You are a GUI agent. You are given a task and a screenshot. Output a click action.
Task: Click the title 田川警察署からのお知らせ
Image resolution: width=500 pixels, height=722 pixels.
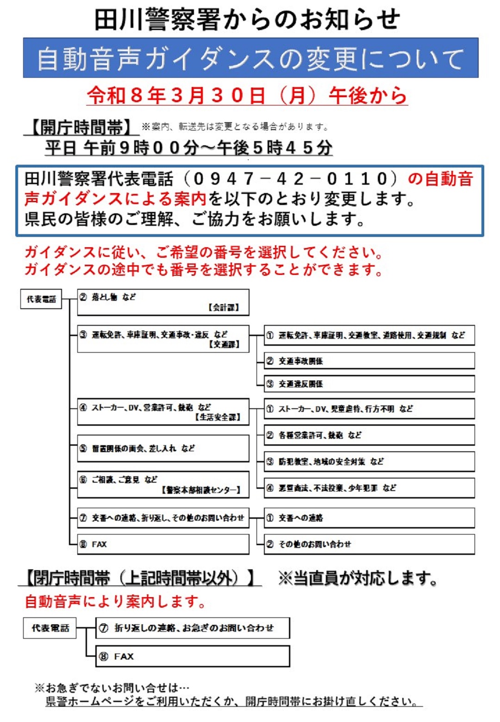click(x=248, y=19)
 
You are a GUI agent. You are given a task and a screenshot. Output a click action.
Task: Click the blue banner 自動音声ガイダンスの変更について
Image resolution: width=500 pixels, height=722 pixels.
click(x=250, y=58)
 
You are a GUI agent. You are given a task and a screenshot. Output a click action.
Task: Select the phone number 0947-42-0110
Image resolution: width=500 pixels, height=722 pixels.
click(x=291, y=179)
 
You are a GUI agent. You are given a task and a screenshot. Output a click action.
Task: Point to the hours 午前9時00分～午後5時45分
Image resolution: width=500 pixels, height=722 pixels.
click(x=189, y=148)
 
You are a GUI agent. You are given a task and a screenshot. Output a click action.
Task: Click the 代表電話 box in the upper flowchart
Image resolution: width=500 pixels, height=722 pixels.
click(x=41, y=299)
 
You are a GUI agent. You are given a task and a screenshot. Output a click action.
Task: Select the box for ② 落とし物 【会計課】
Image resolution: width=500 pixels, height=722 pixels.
click(x=163, y=302)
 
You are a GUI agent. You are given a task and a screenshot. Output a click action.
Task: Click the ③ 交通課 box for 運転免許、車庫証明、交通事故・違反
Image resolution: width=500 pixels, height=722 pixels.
click(x=163, y=339)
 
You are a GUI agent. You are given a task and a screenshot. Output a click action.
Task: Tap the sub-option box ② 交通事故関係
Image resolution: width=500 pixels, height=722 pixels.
click(x=369, y=361)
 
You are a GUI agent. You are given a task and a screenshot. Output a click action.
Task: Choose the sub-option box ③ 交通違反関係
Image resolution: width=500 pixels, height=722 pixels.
click(x=369, y=384)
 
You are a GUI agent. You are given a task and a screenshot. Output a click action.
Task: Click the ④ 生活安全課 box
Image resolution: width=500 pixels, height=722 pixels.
click(x=163, y=412)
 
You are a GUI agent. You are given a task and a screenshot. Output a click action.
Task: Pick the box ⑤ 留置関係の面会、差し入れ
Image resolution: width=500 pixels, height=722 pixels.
click(x=163, y=448)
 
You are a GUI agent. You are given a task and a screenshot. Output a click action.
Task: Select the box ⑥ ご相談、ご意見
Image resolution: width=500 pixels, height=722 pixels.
click(x=163, y=484)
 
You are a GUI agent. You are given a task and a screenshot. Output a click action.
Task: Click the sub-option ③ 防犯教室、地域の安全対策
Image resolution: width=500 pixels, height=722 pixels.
click(x=369, y=461)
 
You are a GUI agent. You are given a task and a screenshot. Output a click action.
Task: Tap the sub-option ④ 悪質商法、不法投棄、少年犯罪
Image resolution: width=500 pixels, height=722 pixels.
click(x=369, y=488)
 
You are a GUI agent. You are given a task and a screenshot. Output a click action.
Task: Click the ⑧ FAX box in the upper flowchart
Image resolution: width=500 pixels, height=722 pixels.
click(x=163, y=544)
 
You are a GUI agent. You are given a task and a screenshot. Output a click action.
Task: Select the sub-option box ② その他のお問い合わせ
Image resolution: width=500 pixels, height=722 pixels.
click(x=369, y=544)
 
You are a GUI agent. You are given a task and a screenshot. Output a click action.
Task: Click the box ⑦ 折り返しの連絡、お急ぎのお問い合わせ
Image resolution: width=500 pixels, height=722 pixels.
click(x=193, y=628)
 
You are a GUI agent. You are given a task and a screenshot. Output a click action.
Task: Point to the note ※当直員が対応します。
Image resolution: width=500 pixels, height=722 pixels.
click(x=357, y=578)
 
